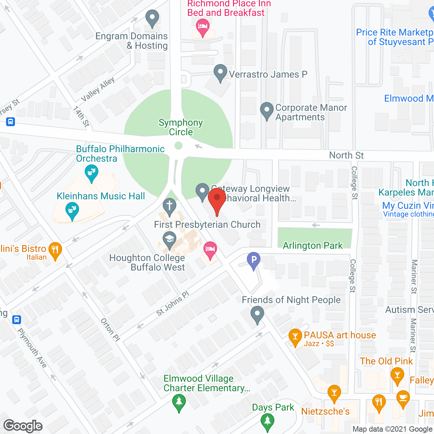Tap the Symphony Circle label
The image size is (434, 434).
point(181,127)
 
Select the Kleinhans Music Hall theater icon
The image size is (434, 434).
point(72,210)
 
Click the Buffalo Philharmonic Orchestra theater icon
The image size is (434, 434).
point(91,172)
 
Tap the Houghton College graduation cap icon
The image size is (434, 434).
point(169,239)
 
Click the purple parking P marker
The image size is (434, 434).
point(254,260)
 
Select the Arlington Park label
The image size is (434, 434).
point(313,245)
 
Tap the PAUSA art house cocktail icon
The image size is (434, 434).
point(295,336)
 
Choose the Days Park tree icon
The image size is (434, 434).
point(268,421)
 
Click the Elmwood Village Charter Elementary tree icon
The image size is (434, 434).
point(179,402)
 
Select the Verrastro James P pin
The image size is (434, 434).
point(220,72)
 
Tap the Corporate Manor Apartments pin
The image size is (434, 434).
point(267,110)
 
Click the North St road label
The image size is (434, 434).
point(346,155)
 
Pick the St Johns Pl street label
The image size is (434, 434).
point(173,303)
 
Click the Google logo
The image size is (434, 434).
point(23,426)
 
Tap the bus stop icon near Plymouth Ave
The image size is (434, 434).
point(16,320)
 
